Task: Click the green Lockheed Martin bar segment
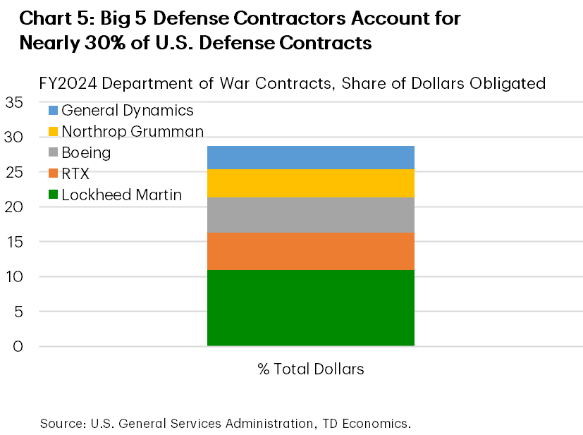click(x=310, y=307)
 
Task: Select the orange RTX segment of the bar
click(x=310, y=251)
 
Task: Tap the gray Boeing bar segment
click(x=310, y=214)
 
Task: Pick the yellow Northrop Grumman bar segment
click(x=310, y=183)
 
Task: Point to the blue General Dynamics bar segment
click(x=310, y=157)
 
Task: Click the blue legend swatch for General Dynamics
click(x=53, y=111)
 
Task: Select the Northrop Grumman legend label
click(x=133, y=131)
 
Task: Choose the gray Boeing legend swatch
click(x=53, y=153)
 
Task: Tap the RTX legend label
click(x=75, y=174)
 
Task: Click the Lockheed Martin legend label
click(x=121, y=195)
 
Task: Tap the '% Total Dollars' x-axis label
click(x=310, y=369)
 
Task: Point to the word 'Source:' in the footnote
click(x=60, y=424)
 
